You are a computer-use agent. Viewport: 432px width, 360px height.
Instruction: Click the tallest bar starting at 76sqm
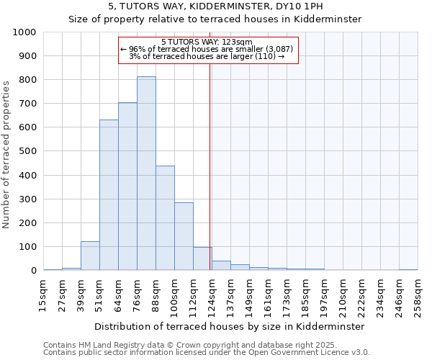[146, 174]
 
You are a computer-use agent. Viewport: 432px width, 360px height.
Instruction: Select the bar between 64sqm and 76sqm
[127, 186]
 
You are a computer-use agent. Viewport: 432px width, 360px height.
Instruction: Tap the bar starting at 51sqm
[109, 195]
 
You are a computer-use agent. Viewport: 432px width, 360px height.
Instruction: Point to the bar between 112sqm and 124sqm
[202, 258]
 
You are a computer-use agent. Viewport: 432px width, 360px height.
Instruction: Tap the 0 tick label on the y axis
[34, 271]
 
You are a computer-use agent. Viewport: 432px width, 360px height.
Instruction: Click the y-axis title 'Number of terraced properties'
[7, 155]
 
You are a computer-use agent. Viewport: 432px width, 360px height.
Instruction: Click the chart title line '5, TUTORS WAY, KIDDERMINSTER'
[215, 6]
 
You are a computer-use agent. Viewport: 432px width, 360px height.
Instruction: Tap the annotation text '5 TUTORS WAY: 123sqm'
[207, 42]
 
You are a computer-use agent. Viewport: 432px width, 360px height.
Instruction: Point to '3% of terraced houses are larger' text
[207, 56]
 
